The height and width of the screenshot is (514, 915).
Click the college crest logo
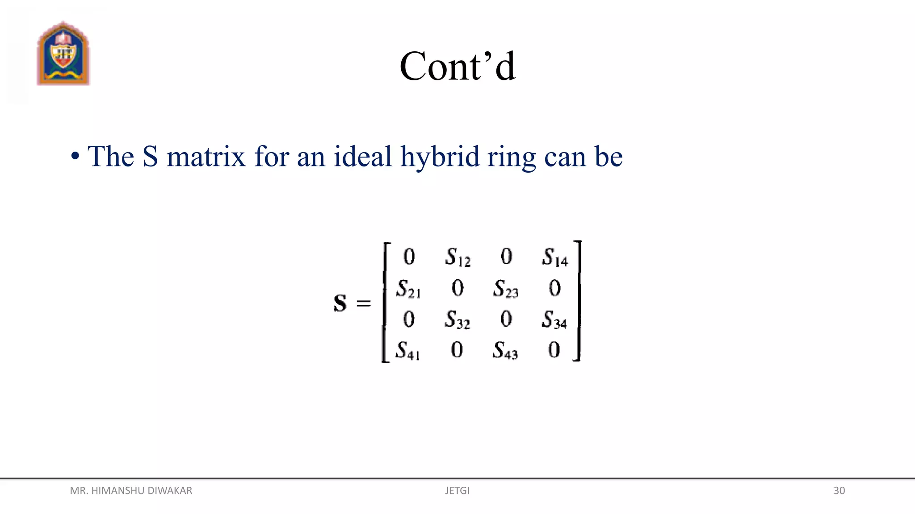[x=63, y=54]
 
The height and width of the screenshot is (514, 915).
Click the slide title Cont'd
[x=457, y=66]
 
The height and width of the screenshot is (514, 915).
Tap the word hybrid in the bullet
[x=440, y=157]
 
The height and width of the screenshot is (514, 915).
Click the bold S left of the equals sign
[x=340, y=303]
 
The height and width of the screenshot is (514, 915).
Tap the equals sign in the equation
[x=364, y=303]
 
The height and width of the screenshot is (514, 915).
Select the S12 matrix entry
[x=457, y=257]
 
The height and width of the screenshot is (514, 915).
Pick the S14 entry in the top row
[x=554, y=257]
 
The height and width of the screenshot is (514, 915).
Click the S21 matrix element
[x=408, y=289]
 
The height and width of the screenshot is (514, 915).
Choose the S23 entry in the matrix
[x=506, y=289]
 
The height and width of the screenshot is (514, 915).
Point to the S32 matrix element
[x=457, y=320]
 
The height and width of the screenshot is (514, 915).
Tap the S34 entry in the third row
[x=554, y=320]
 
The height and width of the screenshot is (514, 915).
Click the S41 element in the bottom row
[x=407, y=351]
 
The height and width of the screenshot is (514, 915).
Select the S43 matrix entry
[x=505, y=351]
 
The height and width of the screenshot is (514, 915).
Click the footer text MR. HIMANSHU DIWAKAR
[x=131, y=491]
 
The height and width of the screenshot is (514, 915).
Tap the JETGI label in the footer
[x=457, y=491]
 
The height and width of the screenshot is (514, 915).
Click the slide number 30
[x=839, y=491]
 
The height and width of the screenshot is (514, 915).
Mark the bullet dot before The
[x=75, y=157]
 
